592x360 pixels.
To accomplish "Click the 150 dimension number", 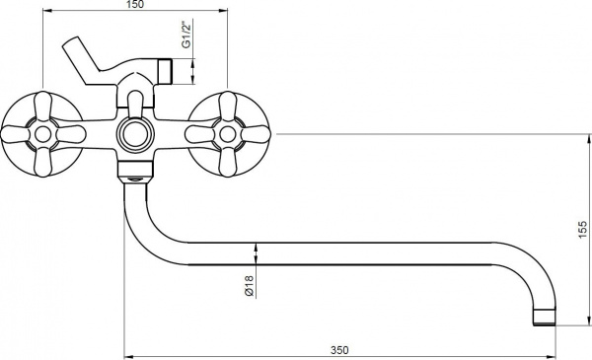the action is pyautogui.click(x=135, y=5).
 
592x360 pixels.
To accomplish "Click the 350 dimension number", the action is pyautogui.click(x=339, y=350).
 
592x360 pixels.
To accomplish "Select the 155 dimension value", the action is pyautogui.click(x=583, y=230).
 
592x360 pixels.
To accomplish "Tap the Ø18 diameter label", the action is pyautogui.click(x=249, y=286).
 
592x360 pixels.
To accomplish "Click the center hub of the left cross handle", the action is pyautogui.click(x=42, y=134).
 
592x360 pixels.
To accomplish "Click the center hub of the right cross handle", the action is pyautogui.click(x=227, y=134).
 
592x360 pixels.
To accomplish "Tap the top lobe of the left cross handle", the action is pyautogui.click(x=42, y=106).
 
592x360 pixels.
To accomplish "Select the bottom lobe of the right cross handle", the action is pyautogui.click(x=227, y=162).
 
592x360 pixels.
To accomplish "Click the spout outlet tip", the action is pyautogui.click(x=544, y=318).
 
